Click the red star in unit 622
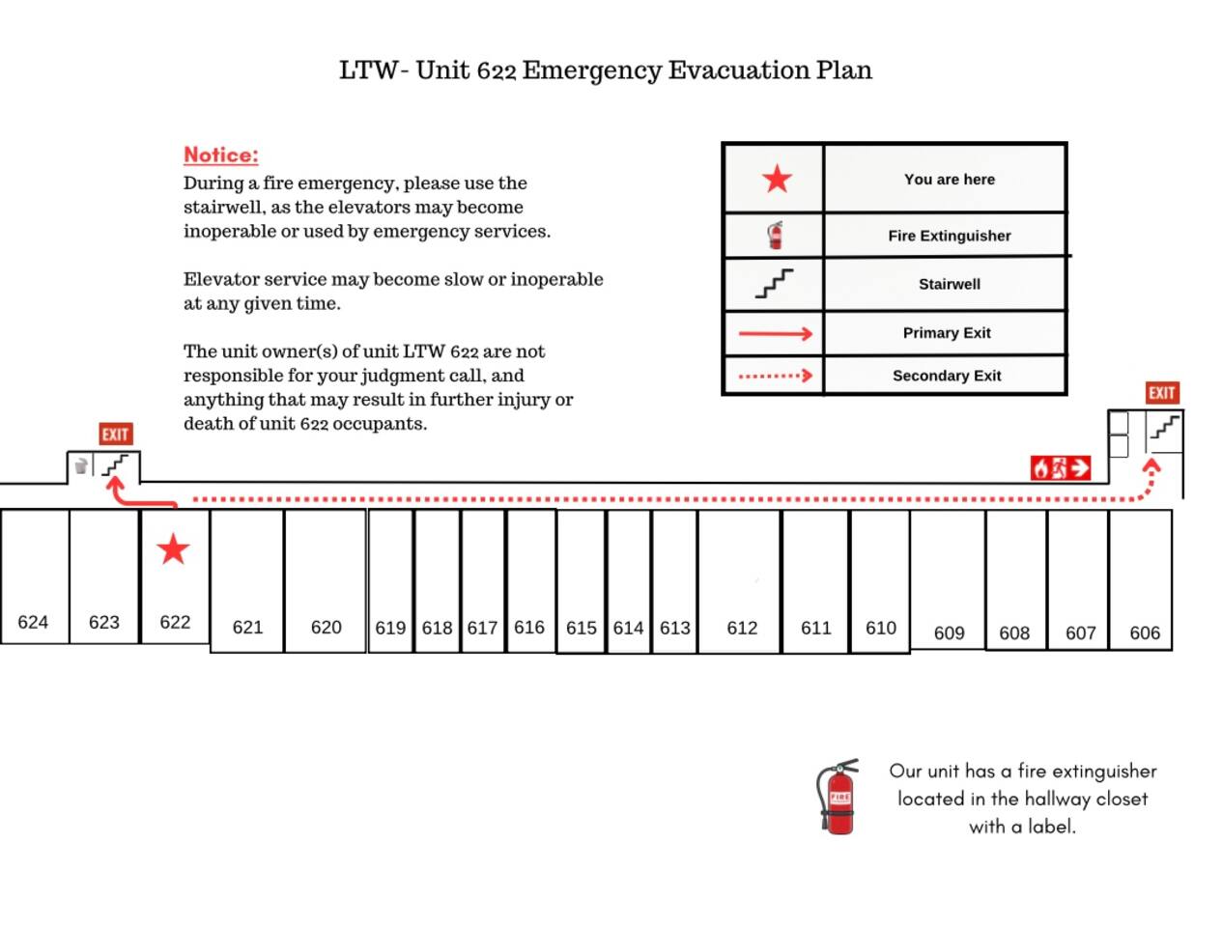pos(173,549)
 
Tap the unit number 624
pos(33,623)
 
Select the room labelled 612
pos(742,629)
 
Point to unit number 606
pos(1145,633)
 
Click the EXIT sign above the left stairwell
pos(115,435)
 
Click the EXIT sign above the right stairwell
pos(1162,393)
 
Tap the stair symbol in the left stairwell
pos(116,466)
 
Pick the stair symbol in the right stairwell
pos(1165,427)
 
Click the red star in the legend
pos(777,179)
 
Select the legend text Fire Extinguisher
pos(949,236)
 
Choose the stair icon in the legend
pos(774,284)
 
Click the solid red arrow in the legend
pos(776,334)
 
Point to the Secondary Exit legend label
pos(946,376)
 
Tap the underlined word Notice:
pos(221,155)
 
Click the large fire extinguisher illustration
pos(838,797)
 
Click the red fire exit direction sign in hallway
pos(1061,468)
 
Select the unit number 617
pos(482,629)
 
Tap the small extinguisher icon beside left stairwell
pos(81,466)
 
